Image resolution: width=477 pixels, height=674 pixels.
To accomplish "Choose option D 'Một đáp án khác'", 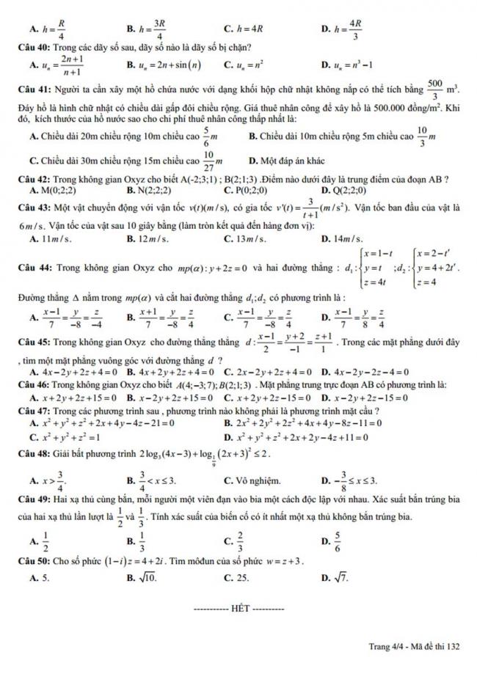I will (x=283, y=161).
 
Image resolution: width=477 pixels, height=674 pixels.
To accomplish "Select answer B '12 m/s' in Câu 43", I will (x=148, y=239).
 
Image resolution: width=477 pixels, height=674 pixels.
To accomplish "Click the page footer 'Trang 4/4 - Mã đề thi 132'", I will (x=415, y=645).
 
